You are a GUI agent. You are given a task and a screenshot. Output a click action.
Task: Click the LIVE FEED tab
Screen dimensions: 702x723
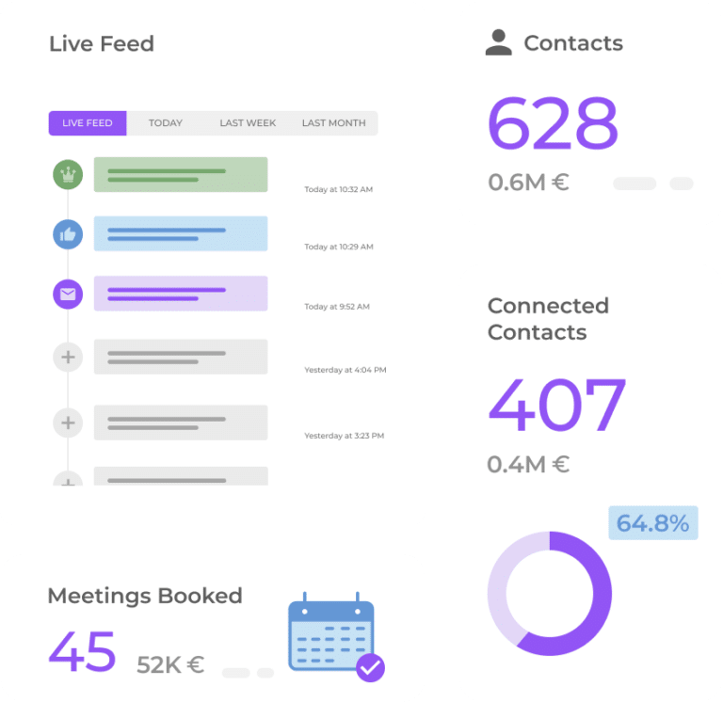(88, 123)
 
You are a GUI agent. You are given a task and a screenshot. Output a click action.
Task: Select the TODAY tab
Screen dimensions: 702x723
(166, 123)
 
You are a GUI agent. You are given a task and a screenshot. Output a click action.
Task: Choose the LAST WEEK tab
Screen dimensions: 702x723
(248, 123)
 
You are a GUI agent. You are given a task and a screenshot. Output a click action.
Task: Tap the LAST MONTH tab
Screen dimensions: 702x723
(333, 123)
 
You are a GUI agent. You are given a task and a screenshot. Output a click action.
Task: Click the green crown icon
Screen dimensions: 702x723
(68, 175)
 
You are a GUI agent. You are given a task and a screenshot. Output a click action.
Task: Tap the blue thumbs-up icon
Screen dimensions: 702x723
(68, 234)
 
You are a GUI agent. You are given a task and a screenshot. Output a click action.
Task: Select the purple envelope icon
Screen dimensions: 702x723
(68, 295)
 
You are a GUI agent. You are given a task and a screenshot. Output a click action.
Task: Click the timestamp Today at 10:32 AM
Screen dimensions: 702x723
(338, 190)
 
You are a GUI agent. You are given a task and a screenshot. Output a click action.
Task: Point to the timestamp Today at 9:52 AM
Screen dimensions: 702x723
(336, 307)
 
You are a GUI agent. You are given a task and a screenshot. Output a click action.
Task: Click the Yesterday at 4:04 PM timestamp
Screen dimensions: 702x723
(345, 371)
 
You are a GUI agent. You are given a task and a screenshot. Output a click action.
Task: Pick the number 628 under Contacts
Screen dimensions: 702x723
(553, 123)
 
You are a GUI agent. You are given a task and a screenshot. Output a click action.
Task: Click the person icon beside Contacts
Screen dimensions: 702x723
(498, 42)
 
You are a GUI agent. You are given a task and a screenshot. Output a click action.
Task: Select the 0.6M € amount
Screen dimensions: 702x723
(528, 183)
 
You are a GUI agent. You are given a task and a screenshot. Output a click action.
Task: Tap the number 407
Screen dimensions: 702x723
(556, 406)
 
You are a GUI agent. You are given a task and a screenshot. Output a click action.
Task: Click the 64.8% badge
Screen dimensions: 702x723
(653, 523)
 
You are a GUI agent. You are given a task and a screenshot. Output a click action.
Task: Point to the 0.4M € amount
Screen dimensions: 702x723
(528, 465)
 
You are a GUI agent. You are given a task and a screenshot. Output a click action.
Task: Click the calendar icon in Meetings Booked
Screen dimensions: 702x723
(332, 633)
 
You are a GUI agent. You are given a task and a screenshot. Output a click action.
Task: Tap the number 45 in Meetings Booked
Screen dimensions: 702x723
(82, 650)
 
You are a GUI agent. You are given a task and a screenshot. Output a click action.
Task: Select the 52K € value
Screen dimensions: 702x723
(170, 665)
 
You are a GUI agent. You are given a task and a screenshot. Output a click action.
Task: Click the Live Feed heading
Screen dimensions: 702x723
(102, 44)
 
